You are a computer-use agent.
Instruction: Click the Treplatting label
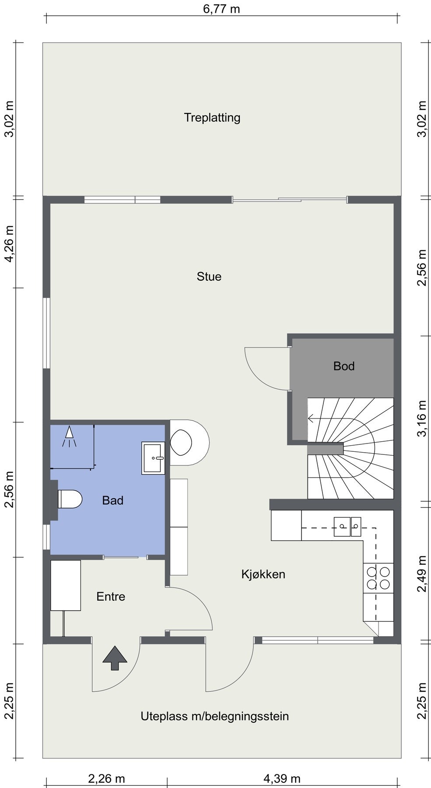212,118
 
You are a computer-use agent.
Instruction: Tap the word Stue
209,277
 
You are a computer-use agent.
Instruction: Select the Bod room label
344,366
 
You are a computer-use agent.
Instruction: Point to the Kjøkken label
263,574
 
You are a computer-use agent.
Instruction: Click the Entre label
111,597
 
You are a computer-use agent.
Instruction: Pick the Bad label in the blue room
112,500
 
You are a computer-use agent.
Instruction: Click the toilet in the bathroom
70,499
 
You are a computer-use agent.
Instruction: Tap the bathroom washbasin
153,458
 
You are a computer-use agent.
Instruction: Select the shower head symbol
69,436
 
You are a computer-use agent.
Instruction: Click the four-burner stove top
378,578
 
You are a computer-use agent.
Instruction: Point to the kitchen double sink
347,527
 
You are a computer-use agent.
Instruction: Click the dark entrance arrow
115,658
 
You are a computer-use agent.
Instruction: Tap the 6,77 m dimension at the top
221,9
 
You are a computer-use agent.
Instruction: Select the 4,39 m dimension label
282,779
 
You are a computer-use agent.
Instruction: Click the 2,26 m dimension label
106,779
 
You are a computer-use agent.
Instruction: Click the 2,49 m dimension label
422,574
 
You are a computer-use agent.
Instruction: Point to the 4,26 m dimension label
9,243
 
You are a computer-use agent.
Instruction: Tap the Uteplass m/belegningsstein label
214,717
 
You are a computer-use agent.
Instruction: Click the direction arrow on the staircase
341,419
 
